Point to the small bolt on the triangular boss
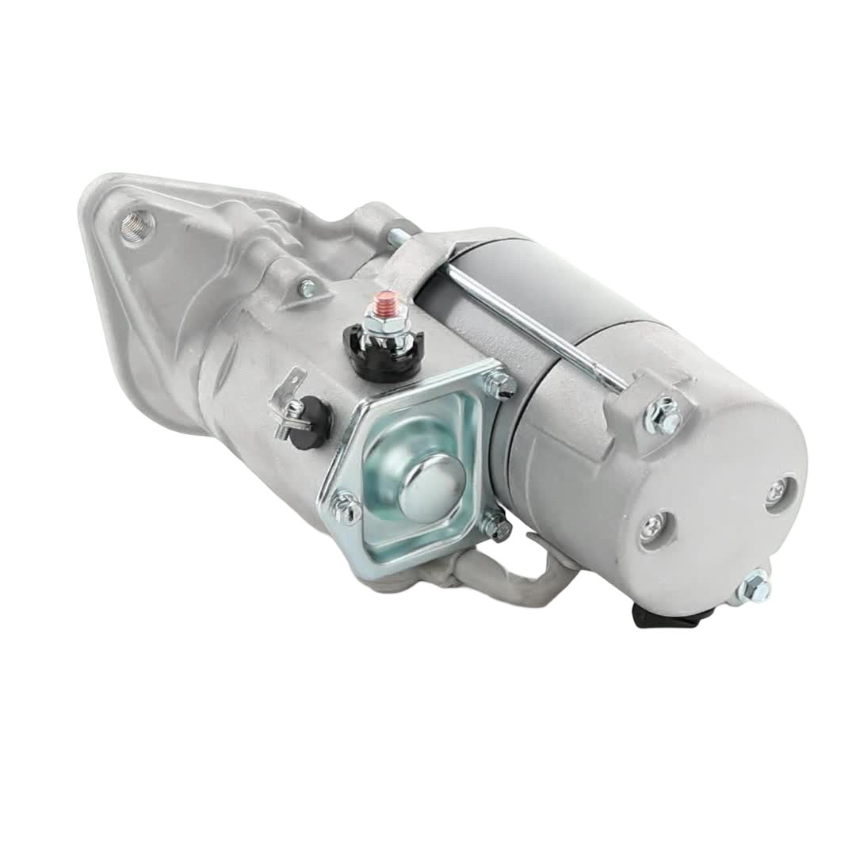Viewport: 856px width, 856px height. click(x=307, y=289)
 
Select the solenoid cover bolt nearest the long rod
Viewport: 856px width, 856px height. click(x=500, y=386)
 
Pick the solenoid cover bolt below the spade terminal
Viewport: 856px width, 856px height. click(x=346, y=507)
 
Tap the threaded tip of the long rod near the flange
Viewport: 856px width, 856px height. click(x=393, y=235)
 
